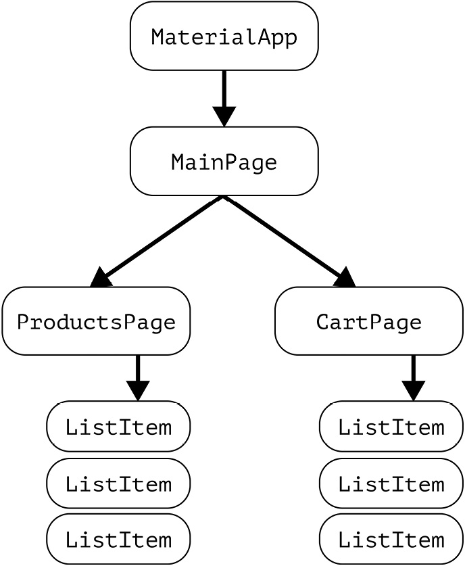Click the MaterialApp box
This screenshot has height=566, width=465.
coord(224,36)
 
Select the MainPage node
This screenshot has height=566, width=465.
coord(224,162)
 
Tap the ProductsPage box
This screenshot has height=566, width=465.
coord(96,321)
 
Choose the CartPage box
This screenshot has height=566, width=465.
coord(368,321)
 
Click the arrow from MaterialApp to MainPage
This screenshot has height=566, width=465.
coord(224,91)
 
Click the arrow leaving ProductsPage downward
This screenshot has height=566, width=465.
coord(138,371)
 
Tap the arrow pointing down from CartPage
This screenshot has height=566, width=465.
coord(413,371)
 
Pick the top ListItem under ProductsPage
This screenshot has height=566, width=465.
coord(118,427)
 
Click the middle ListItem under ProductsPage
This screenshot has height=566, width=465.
coord(118,484)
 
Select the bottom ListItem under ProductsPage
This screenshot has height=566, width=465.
coord(118,539)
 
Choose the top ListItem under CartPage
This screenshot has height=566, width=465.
coord(391,427)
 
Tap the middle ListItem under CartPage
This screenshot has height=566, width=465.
coord(391,484)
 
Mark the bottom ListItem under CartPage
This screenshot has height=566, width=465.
coord(391,539)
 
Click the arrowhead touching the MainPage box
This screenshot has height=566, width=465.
coord(224,116)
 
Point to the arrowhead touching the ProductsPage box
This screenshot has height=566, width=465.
coord(101,277)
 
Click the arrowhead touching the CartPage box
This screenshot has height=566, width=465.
coord(345,277)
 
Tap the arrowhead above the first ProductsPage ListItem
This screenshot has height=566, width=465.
coord(138,390)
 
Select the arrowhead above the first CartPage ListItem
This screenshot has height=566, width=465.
coord(413,390)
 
